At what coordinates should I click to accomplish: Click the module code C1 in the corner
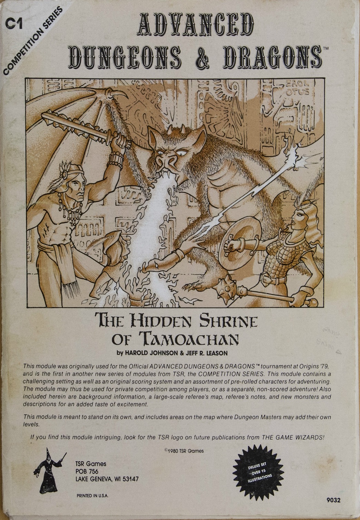13,24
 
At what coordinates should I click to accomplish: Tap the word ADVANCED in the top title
194,24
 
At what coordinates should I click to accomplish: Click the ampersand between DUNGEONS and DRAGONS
204,57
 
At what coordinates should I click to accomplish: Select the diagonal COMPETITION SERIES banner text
33,41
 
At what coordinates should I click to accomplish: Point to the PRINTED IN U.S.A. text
92,496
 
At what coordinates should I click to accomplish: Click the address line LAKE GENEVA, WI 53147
107,479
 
